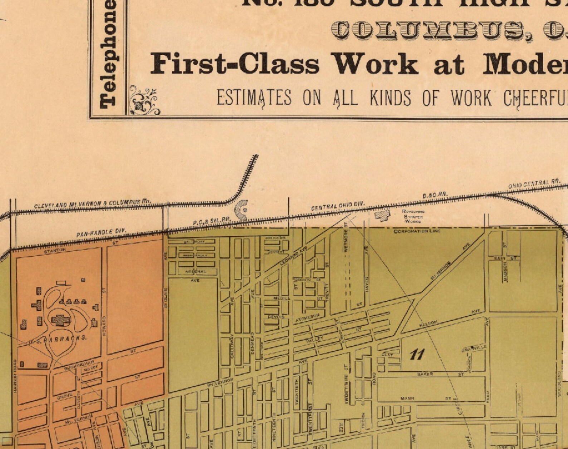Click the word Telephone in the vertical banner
108,54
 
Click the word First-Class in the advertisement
234,64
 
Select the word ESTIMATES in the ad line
254,98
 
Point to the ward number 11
417,355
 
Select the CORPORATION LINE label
417,231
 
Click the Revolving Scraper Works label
413,216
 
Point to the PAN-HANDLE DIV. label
101,233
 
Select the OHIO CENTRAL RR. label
534,184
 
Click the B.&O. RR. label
435,195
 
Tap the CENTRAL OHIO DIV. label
338,206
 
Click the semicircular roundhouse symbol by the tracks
242,210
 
